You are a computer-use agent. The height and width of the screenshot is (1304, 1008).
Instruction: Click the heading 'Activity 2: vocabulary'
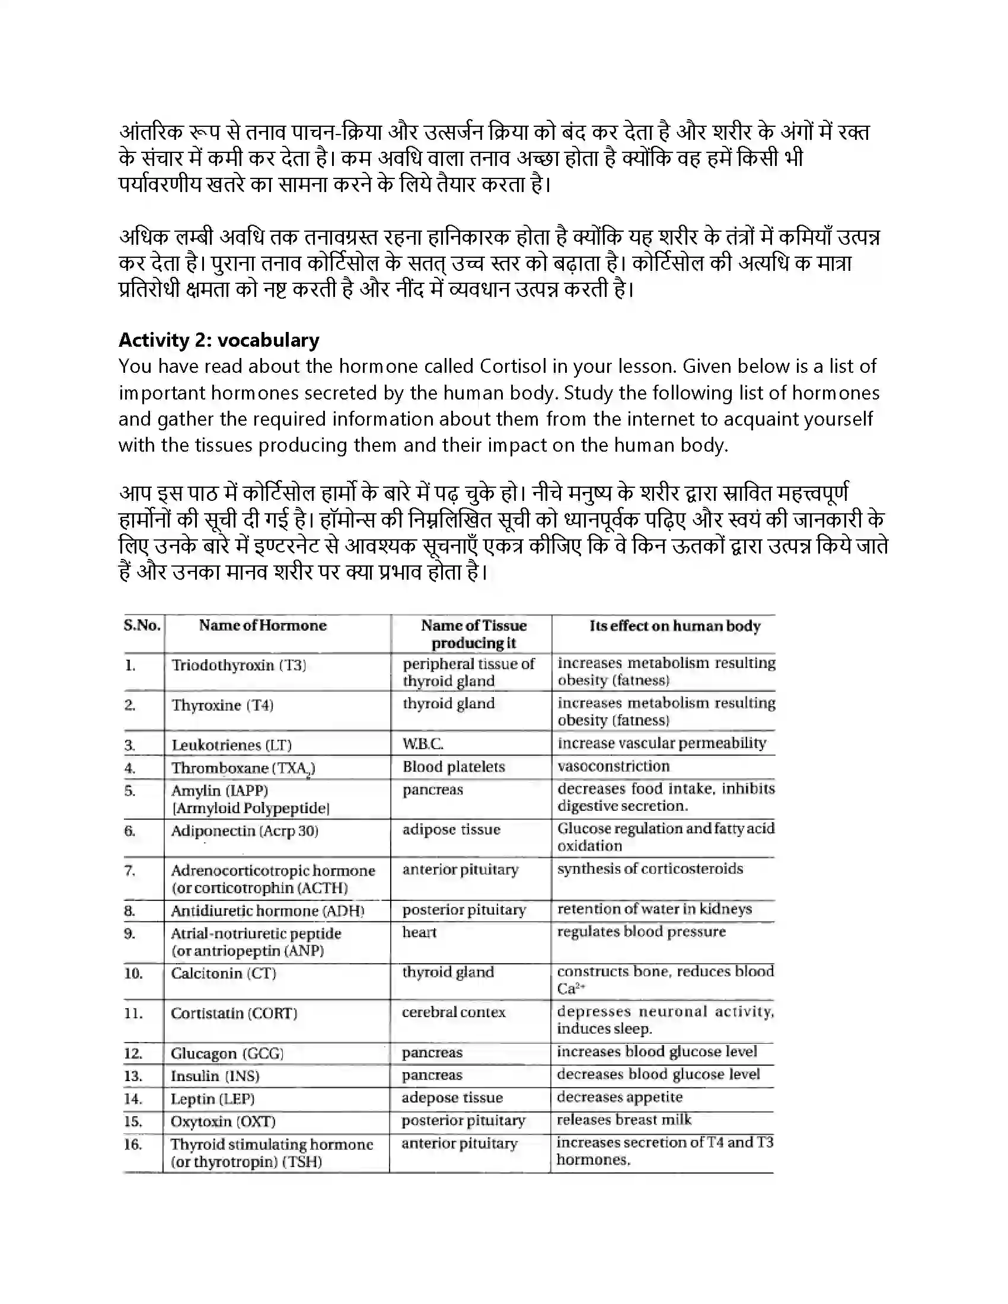click(219, 340)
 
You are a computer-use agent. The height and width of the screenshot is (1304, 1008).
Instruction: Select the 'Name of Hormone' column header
click(263, 625)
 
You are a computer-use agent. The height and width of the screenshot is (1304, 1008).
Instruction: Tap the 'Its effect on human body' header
click(675, 626)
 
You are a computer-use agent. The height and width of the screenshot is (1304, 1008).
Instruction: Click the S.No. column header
click(142, 625)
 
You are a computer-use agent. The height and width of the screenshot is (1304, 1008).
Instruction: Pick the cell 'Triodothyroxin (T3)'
click(239, 665)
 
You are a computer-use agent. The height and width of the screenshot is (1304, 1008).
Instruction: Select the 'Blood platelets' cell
click(454, 766)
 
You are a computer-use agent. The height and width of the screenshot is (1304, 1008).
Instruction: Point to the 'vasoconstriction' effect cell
click(613, 766)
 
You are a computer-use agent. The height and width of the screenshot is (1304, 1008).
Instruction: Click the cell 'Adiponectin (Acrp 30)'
click(245, 830)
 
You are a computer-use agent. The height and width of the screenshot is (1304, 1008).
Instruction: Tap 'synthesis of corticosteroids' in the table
click(650, 869)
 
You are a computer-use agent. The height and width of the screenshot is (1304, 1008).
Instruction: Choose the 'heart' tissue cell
click(419, 932)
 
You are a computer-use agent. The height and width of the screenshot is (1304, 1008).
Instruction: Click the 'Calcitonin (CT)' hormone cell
click(224, 973)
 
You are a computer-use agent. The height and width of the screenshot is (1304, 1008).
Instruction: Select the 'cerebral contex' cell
click(454, 1012)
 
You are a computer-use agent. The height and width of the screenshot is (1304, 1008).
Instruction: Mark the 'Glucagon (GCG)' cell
click(228, 1053)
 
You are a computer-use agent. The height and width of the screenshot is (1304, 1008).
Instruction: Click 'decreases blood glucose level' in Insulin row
click(658, 1074)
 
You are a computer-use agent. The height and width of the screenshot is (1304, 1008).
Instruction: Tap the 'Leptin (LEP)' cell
click(213, 1098)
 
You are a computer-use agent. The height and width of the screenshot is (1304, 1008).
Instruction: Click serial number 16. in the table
click(133, 1145)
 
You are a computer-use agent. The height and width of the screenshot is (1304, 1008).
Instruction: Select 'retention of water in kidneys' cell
click(655, 909)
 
